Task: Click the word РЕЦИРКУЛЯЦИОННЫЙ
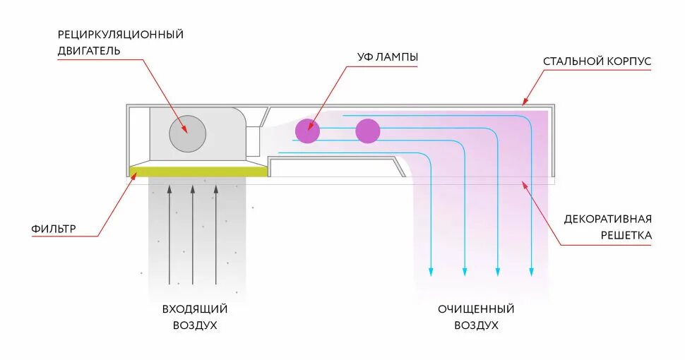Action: (120, 34)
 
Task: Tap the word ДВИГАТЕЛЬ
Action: (89, 51)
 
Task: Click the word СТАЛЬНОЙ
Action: (572, 61)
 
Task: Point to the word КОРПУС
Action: (629, 61)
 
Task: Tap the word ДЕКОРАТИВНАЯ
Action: (607, 218)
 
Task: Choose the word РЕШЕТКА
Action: (626, 235)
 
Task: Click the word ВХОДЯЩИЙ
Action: (195, 308)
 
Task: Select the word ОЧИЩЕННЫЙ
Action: (475, 308)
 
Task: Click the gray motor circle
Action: (187, 133)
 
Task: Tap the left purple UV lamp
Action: (307, 131)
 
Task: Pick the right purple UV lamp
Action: (367, 131)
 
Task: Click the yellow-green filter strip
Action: (198, 172)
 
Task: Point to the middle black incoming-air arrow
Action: (193, 233)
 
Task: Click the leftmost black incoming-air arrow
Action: (169, 233)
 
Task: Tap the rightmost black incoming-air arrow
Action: (216, 233)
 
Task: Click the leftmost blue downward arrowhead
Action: (431, 272)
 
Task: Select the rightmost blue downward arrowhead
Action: (532, 272)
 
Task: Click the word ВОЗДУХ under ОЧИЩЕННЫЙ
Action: (476, 325)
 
